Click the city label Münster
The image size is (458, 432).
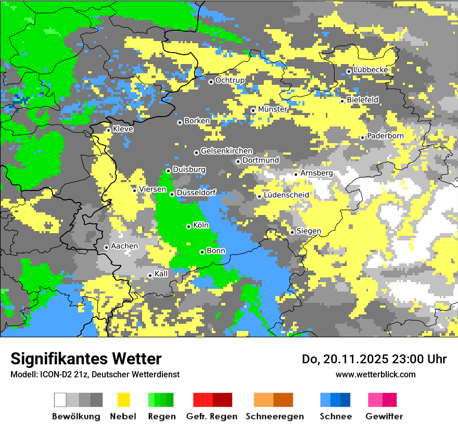tap(273, 109)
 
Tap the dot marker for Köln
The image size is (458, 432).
tap(188, 226)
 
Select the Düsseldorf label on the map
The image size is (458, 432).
tap(196, 193)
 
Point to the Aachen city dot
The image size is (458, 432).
tap(106, 247)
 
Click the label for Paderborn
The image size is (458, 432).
tap(385, 136)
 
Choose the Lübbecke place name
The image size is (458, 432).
tap(371, 70)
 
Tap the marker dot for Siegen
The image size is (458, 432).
tap(292, 232)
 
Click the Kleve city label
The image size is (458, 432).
tap(123, 129)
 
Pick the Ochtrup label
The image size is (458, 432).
tap(230, 80)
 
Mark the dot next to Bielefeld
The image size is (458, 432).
tap(342, 101)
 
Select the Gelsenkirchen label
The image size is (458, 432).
tap(226, 151)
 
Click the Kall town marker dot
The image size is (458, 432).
tap(150, 275)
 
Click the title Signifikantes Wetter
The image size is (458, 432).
tap(86, 359)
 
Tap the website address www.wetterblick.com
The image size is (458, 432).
tap(376, 374)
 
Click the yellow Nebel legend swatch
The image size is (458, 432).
tap(123, 400)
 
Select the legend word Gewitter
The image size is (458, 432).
tap(384, 416)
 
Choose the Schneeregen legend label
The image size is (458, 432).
tap(274, 416)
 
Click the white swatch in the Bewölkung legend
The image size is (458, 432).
tap(60, 400)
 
